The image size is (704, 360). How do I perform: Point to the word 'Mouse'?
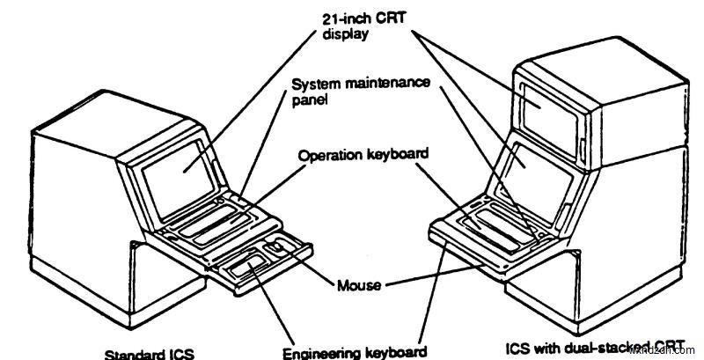(x=358, y=285)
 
